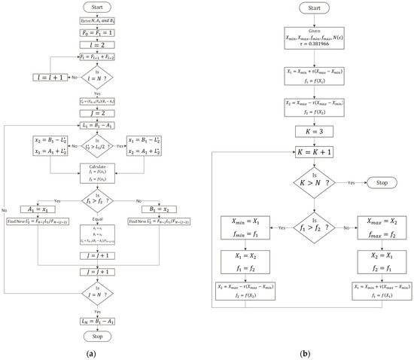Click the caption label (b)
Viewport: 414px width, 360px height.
(x=305, y=351)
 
